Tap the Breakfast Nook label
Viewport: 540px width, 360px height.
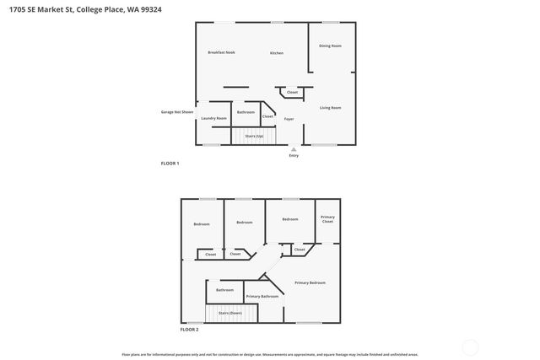[x=221, y=52]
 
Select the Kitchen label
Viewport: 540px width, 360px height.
[x=277, y=53]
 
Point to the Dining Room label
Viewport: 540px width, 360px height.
[x=330, y=46]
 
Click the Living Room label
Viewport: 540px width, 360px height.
[x=330, y=108]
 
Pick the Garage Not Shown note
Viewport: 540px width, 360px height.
[x=177, y=112]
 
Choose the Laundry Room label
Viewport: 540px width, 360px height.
[x=213, y=118]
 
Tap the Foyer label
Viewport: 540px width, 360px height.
[x=289, y=119]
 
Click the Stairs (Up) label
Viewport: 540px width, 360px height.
[x=254, y=136]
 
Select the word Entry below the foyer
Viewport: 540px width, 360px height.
[x=294, y=156]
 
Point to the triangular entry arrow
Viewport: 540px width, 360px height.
[x=294, y=149]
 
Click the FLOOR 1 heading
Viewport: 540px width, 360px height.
[x=170, y=163]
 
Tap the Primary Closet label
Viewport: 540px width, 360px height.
[x=327, y=219]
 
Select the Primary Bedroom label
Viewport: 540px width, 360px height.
[x=310, y=282]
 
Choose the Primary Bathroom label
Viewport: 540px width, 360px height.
[x=262, y=296]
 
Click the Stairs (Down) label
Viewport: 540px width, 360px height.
[x=230, y=313]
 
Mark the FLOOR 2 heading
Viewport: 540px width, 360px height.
[x=190, y=329]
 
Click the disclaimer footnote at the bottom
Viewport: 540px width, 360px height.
[x=269, y=354]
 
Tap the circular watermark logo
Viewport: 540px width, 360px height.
[x=471, y=345]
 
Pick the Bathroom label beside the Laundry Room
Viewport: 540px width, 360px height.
[x=246, y=112]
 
